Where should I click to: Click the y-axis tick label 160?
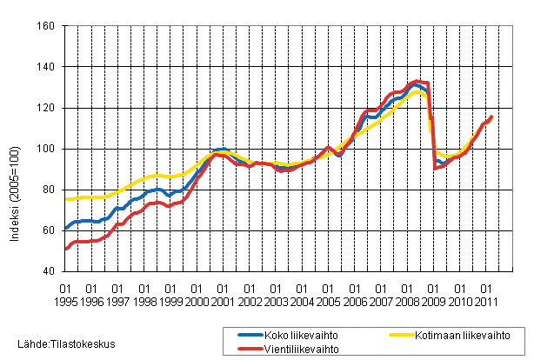pyautogui.click(x=46, y=26)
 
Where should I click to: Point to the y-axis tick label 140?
pyautogui.click(x=46, y=67)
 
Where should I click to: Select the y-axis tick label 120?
pyautogui.click(x=46, y=108)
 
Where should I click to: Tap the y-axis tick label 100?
pyautogui.click(x=46, y=149)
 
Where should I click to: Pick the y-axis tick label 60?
pyautogui.click(x=49, y=230)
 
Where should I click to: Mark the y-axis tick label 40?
pyautogui.click(x=49, y=271)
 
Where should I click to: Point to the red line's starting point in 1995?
pyautogui.click(x=65, y=249)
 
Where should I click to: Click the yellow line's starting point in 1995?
pyautogui.click(x=65, y=199)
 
